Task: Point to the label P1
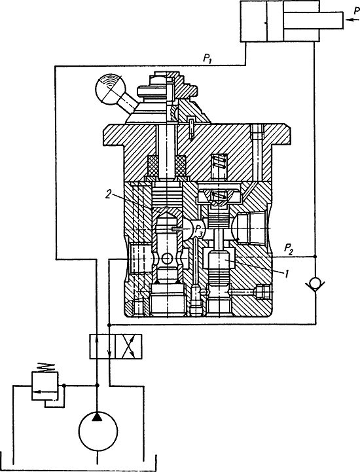[206, 60]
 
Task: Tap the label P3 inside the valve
[199, 230]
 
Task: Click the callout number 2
[109, 195]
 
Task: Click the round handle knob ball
[109, 89]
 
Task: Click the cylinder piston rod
[314, 20]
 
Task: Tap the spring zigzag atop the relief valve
[45, 367]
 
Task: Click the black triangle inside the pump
[98, 416]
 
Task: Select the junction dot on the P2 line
[315, 256]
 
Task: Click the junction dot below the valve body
[109, 325]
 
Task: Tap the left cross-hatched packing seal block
[151, 166]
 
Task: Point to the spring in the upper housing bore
[219, 164]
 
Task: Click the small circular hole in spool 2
[166, 259]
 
